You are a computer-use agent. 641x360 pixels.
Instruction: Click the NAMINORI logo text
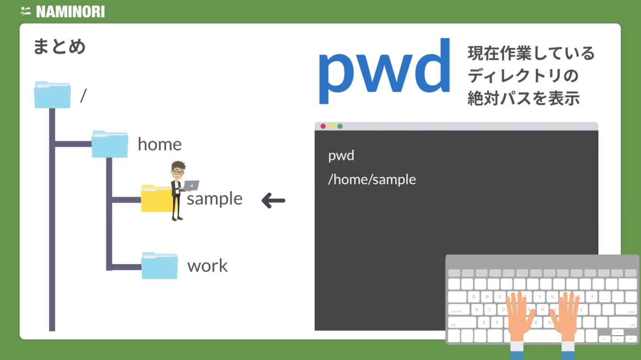70,12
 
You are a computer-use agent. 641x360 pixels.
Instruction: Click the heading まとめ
60,47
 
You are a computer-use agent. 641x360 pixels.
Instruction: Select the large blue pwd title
384,71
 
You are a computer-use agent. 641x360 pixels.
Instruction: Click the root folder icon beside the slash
53,95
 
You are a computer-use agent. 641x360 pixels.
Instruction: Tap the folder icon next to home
110,144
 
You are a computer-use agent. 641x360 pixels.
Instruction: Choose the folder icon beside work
160,266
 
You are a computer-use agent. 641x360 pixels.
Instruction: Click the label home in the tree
160,144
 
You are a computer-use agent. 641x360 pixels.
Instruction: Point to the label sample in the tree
215,199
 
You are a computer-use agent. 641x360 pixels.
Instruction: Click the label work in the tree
207,266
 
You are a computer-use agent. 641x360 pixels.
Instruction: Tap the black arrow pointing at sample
274,201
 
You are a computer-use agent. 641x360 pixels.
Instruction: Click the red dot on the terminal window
323,126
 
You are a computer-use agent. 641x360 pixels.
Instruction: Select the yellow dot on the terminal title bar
331,126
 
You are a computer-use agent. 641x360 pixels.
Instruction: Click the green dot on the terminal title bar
340,126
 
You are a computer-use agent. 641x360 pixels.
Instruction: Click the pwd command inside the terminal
341,156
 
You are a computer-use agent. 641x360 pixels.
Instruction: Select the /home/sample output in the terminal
372,180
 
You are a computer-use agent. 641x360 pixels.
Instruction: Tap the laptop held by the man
191,186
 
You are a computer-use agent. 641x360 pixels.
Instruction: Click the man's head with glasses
178,170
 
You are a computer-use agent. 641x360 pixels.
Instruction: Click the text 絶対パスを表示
523,98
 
